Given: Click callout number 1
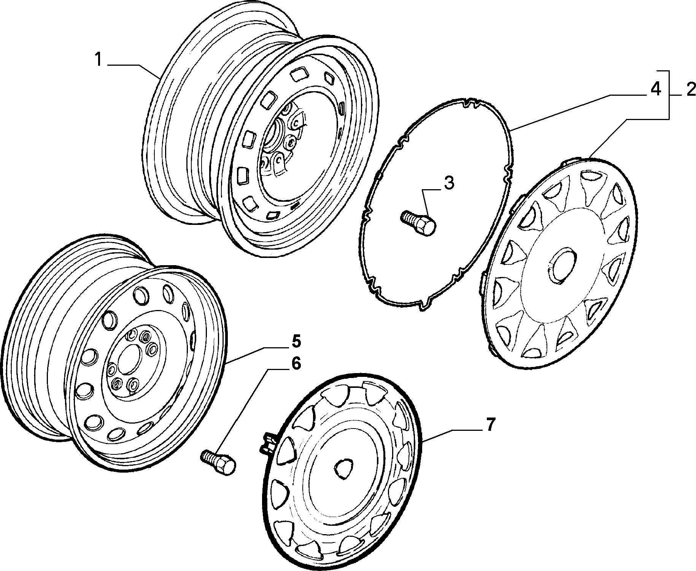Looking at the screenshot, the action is click(x=99, y=60).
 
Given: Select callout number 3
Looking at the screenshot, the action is click(x=448, y=183).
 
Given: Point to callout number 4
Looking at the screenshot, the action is click(x=655, y=90).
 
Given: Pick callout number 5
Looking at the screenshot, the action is click(x=296, y=341).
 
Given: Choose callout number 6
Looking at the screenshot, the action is click(x=296, y=363).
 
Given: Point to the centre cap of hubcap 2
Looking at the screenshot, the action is click(x=563, y=266).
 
